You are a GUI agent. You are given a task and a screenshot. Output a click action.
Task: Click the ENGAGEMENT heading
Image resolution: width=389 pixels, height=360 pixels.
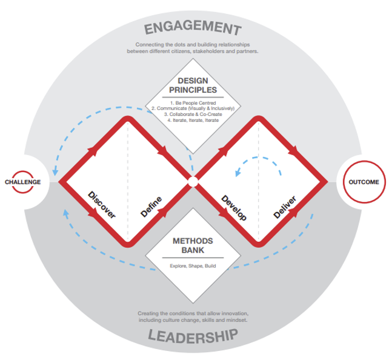[193, 27]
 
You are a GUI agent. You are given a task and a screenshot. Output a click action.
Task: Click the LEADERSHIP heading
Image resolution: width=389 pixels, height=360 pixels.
[193, 336]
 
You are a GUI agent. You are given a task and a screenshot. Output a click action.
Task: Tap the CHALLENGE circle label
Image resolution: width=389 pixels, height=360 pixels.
[23, 182]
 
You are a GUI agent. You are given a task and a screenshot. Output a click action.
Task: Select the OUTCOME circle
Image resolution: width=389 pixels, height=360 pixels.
[364, 182]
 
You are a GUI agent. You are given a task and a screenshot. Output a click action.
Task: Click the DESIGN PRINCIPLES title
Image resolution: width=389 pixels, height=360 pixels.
[193, 85]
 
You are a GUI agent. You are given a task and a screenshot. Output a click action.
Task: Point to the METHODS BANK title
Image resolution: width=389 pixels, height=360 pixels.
[193, 245]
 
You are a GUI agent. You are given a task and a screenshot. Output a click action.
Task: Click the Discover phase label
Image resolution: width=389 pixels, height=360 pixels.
[102, 205]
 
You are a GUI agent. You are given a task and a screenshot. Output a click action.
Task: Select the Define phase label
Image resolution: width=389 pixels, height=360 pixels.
[151, 207]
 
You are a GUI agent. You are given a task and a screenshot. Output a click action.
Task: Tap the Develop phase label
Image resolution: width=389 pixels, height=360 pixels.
[234, 208]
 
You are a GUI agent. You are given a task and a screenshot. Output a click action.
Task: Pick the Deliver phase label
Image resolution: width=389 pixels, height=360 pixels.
[285, 207]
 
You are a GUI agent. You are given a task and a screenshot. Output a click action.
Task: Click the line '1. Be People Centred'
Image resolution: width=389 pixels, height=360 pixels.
[193, 102]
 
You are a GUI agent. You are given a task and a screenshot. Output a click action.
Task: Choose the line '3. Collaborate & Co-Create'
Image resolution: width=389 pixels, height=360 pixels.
[193, 115]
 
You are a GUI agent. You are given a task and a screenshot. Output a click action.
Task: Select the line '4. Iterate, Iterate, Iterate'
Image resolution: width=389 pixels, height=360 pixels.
[193, 121]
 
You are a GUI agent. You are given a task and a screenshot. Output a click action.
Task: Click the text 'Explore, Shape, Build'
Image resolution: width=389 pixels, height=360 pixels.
[193, 266]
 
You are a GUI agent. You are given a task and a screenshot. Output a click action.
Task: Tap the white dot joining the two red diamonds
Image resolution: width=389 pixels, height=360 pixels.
[193, 182]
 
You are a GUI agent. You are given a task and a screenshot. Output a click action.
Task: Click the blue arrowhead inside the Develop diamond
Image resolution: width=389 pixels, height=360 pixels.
[238, 173]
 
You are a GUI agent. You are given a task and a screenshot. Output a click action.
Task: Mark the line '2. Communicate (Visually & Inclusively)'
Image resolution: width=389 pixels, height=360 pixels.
[193, 108]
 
